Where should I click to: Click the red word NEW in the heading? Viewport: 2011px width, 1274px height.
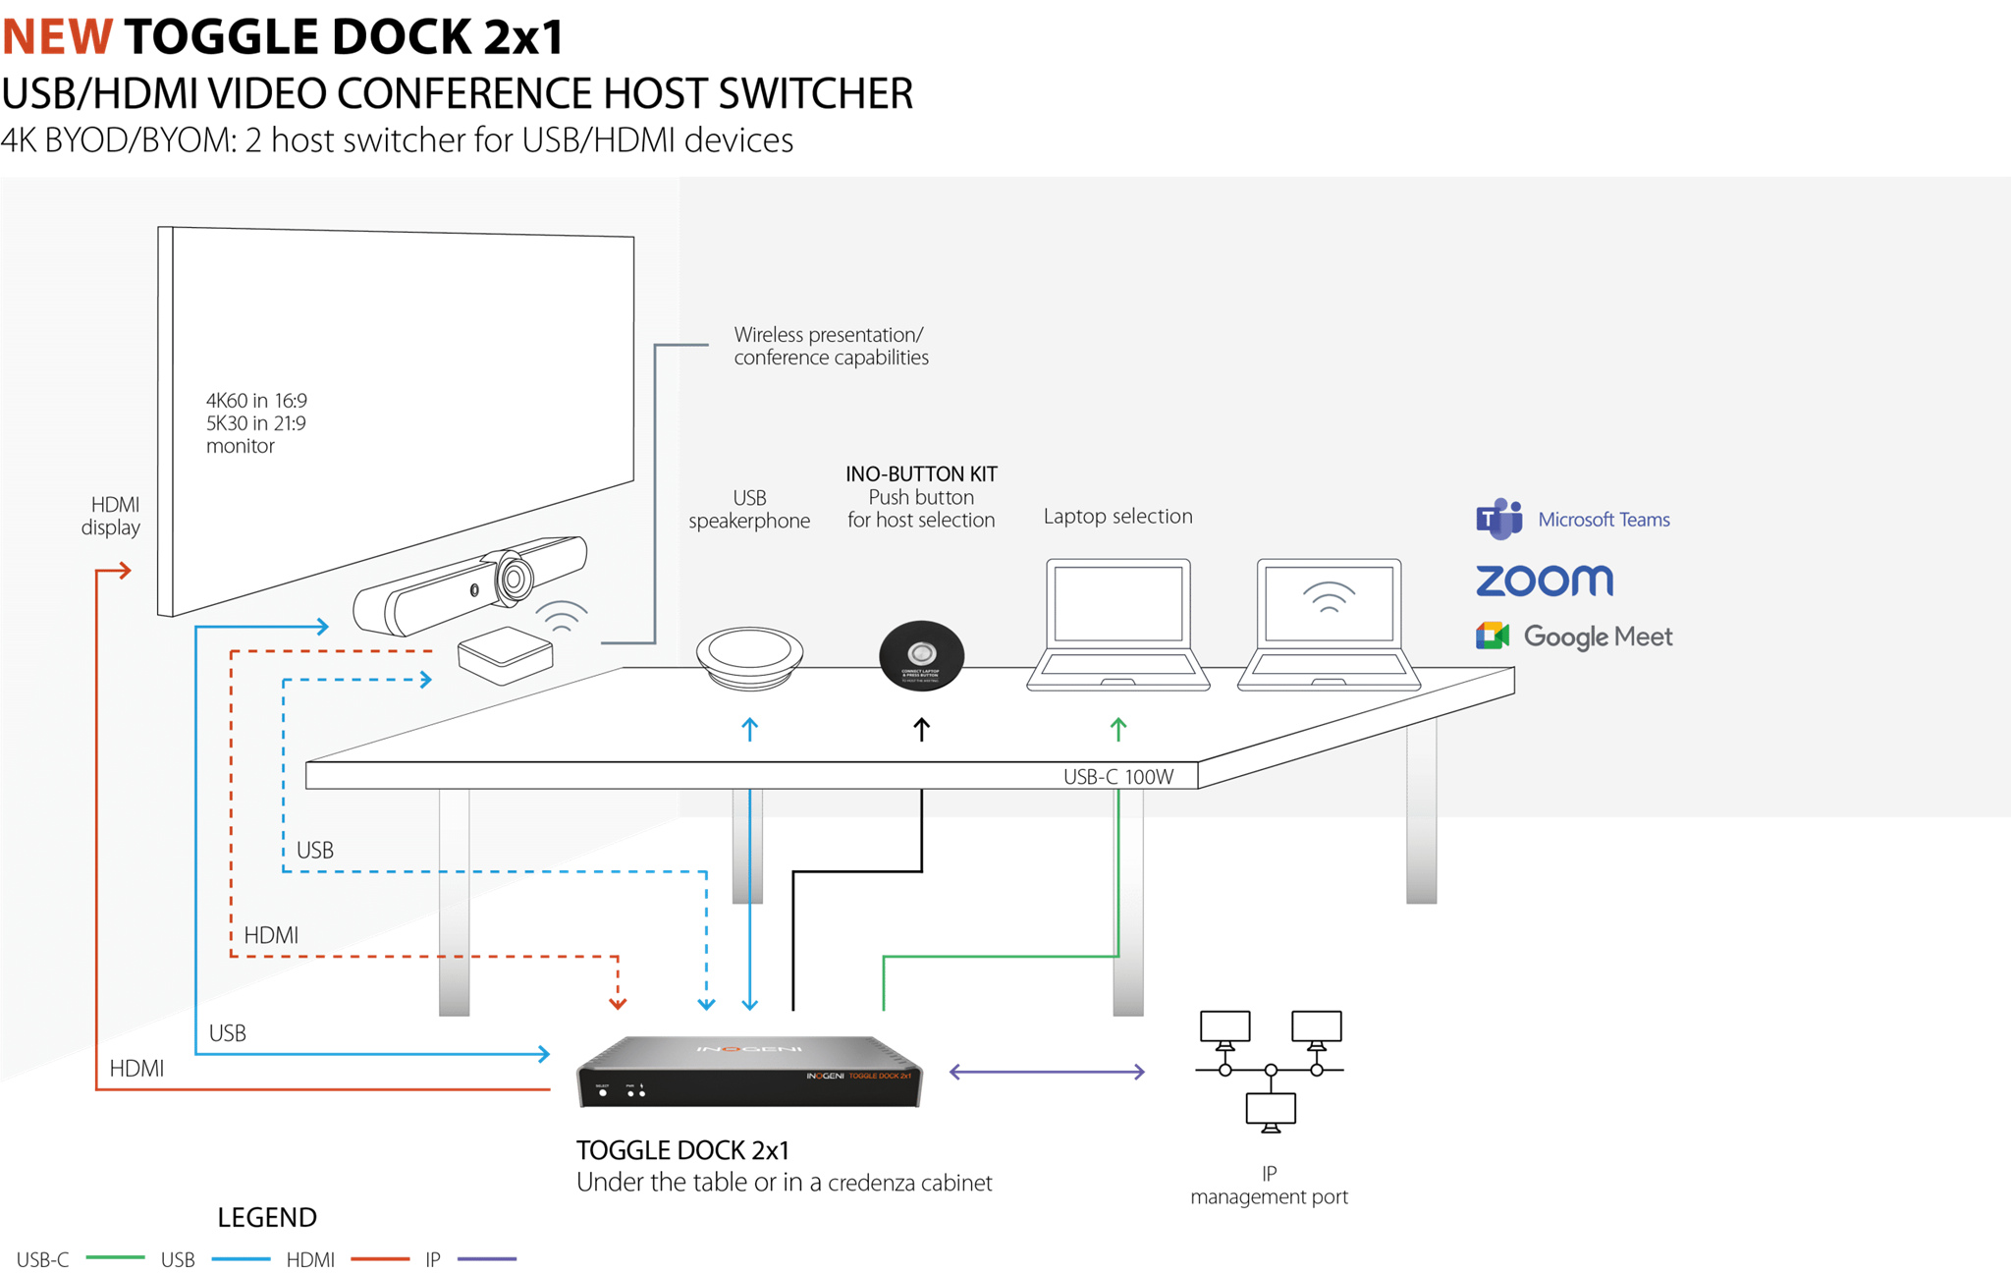(x=58, y=37)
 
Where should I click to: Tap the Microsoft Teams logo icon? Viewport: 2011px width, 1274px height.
(x=1498, y=519)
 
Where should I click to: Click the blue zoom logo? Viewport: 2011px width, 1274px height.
(x=1545, y=581)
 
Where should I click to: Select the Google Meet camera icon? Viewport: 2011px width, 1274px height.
(x=1492, y=636)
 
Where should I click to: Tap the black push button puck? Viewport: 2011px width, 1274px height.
(x=921, y=655)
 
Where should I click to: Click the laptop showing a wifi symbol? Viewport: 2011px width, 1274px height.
(x=1329, y=625)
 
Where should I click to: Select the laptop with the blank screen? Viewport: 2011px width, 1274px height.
(x=1118, y=625)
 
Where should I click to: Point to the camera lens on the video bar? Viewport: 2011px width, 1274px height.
(x=513, y=577)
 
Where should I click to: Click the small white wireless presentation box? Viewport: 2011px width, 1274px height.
(x=506, y=654)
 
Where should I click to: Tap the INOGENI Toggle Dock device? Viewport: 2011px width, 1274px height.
(x=749, y=1073)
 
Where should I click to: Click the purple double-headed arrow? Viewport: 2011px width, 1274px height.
(x=1047, y=1072)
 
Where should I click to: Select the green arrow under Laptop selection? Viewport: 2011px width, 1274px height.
(x=1117, y=729)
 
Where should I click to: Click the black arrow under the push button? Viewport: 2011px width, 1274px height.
(x=921, y=729)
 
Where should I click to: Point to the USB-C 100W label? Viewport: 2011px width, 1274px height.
(x=1118, y=777)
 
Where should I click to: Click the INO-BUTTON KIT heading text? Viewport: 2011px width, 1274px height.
(x=921, y=474)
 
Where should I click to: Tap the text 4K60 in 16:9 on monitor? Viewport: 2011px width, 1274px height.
(x=256, y=401)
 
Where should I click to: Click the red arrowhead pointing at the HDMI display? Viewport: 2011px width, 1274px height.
(x=125, y=570)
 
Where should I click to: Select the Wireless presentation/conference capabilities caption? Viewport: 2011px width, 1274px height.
(x=831, y=346)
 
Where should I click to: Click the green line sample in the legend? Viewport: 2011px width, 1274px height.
(x=116, y=1257)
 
